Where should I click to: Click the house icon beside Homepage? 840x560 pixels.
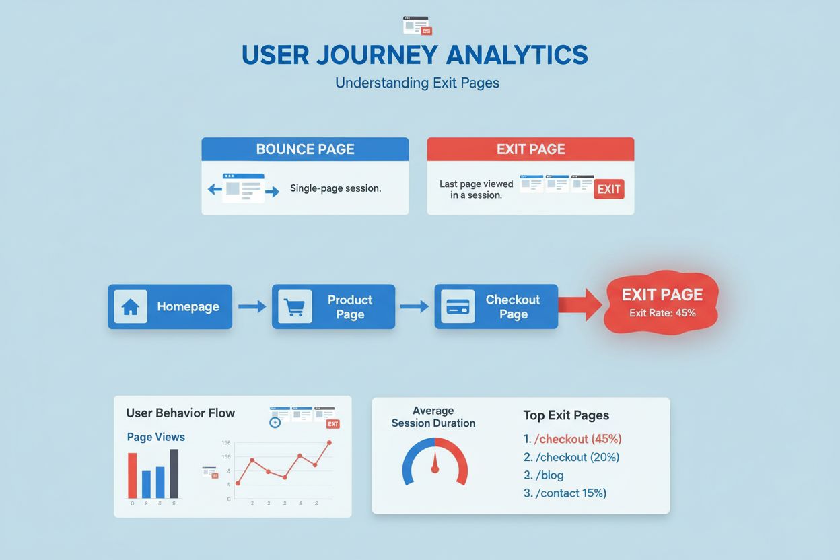(131, 307)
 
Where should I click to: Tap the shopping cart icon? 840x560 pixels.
(295, 307)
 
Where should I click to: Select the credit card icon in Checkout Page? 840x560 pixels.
(458, 307)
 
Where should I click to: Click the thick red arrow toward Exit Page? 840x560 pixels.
(580, 305)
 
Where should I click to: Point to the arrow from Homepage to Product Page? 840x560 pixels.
(252, 307)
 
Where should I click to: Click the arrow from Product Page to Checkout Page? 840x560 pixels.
(414, 307)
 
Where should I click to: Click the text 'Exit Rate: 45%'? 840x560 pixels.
(662, 313)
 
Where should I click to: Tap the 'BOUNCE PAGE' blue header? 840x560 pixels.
(305, 149)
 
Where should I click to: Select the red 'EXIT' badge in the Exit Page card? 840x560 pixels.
(608, 189)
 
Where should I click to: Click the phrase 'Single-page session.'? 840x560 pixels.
(335, 188)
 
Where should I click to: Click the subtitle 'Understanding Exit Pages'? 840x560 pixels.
(417, 83)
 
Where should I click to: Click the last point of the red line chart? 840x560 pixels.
(330, 442)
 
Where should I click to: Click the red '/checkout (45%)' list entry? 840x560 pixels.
(577, 439)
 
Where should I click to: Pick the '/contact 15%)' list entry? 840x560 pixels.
(570, 493)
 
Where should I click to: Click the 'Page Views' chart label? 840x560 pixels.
(155, 437)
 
